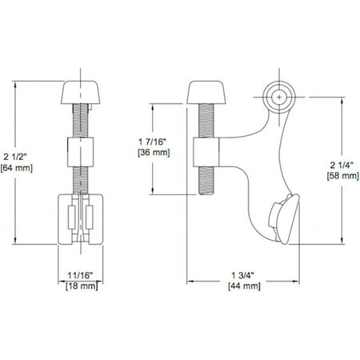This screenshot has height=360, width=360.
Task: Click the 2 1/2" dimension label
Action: tap(16, 157)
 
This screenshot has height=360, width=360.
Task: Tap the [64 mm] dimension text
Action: tap(17, 168)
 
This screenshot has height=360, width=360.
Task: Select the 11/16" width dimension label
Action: tap(80, 275)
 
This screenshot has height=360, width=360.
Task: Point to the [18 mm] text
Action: tap(82, 286)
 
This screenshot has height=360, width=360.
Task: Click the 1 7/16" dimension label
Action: tap(153, 142)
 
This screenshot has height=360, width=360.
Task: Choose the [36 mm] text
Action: tap(154, 153)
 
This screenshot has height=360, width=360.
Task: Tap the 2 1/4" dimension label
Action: tap(342, 166)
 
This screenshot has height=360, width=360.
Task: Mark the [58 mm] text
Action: tap(343, 176)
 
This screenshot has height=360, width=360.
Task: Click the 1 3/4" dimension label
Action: tap(242, 275)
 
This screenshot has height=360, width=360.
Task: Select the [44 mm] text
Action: tap(244, 286)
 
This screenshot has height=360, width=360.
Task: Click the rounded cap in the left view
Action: tap(81, 92)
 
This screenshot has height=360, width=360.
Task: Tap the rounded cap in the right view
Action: tap(206, 92)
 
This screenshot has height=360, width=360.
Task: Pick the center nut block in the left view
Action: tap(80, 152)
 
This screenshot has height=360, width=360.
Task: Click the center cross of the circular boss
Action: tap(279, 97)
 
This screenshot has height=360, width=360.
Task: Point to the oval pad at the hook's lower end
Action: tap(284, 219)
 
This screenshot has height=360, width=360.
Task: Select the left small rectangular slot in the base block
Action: tap(71, 217)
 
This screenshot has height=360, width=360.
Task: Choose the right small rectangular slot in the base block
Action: tap(90, 217)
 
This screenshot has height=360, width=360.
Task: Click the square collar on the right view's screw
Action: tap(206, 152)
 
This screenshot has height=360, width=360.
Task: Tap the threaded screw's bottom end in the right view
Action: tap(206, 194)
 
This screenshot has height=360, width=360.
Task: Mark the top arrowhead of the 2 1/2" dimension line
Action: tap(15, 84)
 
